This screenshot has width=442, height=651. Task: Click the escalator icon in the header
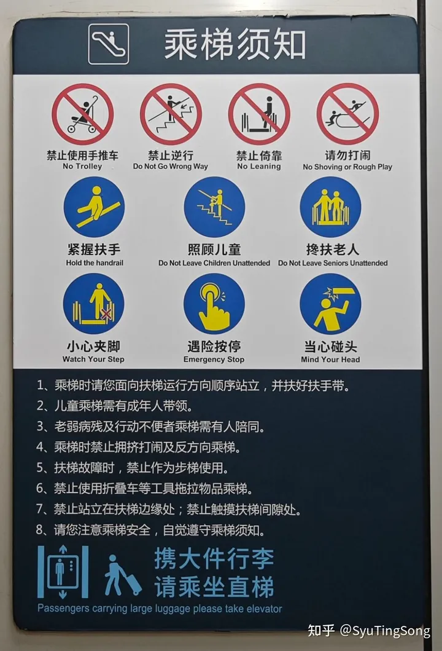[x=109, y=44]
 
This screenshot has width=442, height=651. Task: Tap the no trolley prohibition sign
[x=82, y=114]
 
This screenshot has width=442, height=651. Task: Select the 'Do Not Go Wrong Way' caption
[x=171, y=167]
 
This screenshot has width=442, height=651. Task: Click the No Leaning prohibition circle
[x=258, y=114]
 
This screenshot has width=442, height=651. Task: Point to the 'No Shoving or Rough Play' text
[x=347, y=167]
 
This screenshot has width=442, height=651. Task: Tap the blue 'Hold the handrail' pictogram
[x=94, y=207]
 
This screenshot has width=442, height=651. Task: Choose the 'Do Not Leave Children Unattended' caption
[x=214, y=263]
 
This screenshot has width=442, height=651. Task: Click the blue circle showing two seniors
[x=330, y=207]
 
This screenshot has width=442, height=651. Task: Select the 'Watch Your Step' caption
[x=93, y=359]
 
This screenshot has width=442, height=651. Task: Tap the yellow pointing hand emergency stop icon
[x=214, y=304]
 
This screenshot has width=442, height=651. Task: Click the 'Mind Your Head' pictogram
[x=330, y=304]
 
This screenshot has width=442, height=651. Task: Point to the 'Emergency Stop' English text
[x=214, y=360]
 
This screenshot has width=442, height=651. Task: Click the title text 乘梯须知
[x=235, y=44]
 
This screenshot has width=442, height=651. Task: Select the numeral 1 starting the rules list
[x=41, y=385]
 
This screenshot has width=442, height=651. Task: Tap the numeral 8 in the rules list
[x=40, y=530]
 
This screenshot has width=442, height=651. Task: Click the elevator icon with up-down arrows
[x=63, y=572]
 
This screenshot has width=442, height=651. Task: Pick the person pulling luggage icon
[x=122, y=575]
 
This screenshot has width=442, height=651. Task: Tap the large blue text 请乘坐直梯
[x=214, y=586]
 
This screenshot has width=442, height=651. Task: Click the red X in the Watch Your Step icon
[x=106, y=314]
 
